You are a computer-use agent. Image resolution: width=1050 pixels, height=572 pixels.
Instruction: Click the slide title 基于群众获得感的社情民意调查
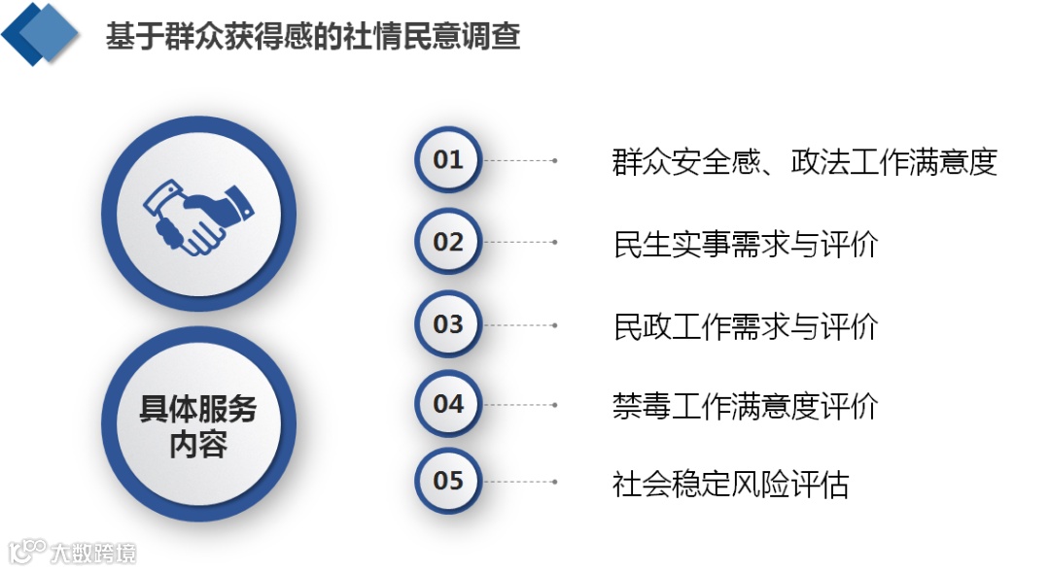[313, 37]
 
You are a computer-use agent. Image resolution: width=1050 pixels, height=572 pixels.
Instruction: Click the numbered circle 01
[448, 159]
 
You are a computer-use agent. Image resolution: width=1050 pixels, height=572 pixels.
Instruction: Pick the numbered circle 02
[448, 242]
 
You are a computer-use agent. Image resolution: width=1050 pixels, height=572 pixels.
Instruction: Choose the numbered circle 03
[448, 324]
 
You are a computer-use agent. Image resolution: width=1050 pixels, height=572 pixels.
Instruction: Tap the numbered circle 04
[448, 404]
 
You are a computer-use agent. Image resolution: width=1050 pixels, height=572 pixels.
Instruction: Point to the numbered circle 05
[448, 481]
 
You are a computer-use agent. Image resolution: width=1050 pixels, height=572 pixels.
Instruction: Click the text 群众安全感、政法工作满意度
[805, 161]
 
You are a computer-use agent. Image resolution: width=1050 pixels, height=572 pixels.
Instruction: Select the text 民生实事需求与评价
[745, 244]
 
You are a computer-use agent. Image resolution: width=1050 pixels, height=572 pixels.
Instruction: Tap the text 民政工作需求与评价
[745, 326]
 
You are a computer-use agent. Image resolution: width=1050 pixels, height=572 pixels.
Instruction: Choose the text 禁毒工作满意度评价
[745, 406]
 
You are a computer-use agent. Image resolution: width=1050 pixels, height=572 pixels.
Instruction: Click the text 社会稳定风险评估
[730, 483]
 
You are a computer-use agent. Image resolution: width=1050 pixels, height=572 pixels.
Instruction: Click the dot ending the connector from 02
[554, 243]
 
